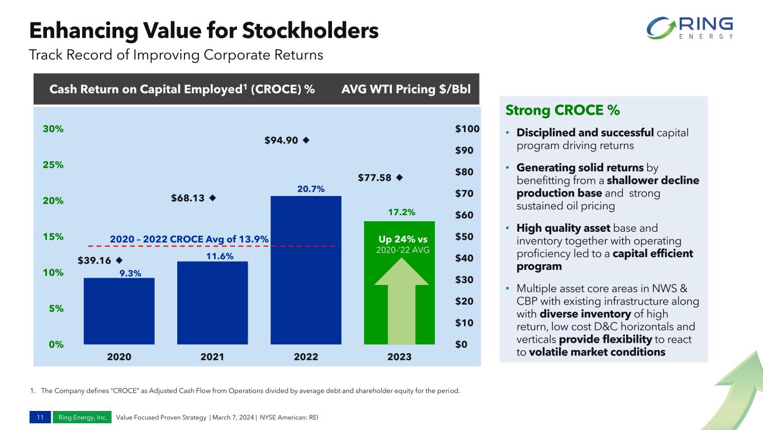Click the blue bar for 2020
(119, 311)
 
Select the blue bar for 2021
(212, 302)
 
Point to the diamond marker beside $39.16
(119, 260)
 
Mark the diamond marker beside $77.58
(399, 177)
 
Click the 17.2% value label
(401, 213)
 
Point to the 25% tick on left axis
(54, 165)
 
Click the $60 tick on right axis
(463, 215)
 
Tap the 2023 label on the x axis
(399, 357)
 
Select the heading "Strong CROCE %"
(562, 110)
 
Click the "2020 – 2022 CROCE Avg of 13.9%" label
(189, 239)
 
